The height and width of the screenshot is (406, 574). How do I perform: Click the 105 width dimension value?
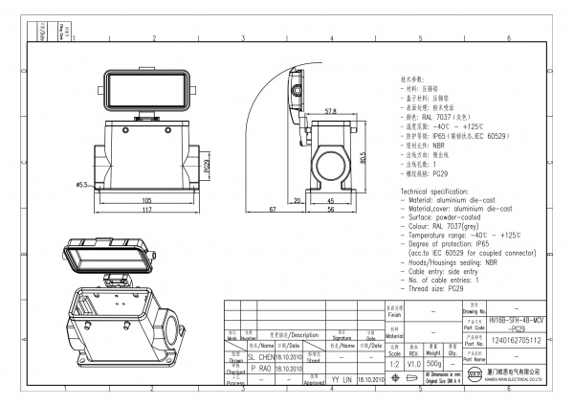[x=146, y=200]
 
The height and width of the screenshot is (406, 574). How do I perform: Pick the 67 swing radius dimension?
[x=273, y=209]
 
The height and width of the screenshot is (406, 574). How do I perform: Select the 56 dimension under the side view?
[x=329, y=210]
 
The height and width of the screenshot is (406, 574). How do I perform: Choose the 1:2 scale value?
[x=392, y=365]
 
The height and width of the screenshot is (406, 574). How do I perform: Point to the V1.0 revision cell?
[x=414, y=365]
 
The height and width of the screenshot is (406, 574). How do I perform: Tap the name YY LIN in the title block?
[x=342, y=379]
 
